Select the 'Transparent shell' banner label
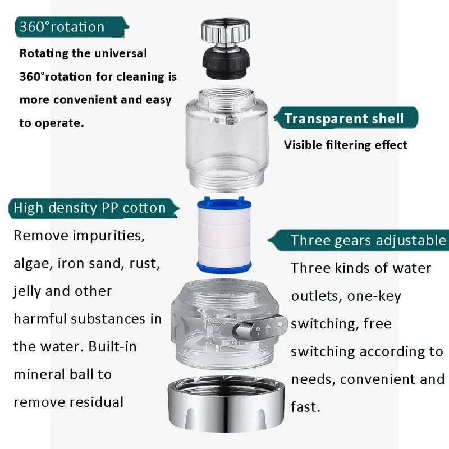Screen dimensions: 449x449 tap(343, 118)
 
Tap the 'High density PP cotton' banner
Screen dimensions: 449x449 tap(90, 208)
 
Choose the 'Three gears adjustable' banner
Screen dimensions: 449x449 tap(368, 241)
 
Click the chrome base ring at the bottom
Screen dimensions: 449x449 tap(224, 404)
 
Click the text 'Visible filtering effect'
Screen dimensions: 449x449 tap(345, 145)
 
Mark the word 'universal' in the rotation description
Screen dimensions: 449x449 tap(120, 54)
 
